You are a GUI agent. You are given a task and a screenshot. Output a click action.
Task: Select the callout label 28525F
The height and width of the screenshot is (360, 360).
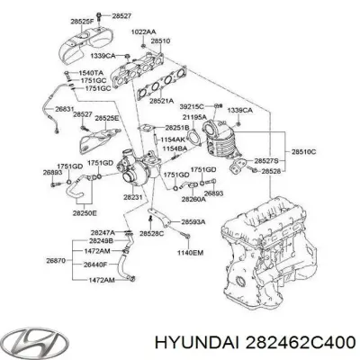[85, 20]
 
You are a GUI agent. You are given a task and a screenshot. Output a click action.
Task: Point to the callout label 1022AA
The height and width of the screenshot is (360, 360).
[143, 33]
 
